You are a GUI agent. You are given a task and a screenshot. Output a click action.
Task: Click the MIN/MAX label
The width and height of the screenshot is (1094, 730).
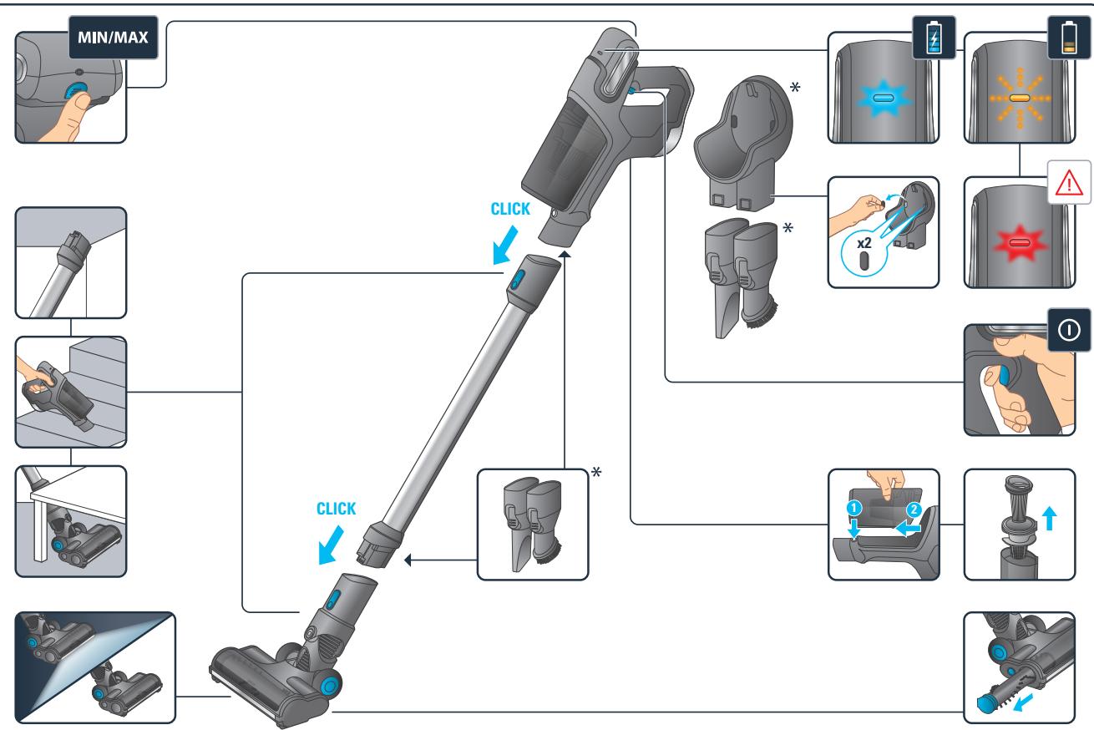[x=113, y=38]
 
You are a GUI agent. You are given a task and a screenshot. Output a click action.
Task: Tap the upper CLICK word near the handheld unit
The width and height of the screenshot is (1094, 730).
[x=510, y=209]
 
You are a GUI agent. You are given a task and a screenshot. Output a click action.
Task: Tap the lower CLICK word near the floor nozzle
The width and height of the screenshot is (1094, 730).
[x=336, y=509]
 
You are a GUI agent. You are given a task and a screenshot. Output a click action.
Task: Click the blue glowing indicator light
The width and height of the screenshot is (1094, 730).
[x=883, y=99]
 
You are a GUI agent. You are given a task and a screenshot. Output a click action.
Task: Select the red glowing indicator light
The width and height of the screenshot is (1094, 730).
[x=1020, y=243]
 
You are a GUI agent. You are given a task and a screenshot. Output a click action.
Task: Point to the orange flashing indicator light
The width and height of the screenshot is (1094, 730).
[x=1020, y=99]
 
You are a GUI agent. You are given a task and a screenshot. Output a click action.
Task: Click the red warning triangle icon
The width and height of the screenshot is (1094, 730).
[x=1069, y=183]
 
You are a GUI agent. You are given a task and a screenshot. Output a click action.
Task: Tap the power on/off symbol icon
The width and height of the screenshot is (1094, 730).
[x=1069, y=330]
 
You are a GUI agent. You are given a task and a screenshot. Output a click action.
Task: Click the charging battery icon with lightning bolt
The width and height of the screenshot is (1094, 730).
[x=934, y=37]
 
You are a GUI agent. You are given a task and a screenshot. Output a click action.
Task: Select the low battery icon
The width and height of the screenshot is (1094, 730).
[x=1069, y=37]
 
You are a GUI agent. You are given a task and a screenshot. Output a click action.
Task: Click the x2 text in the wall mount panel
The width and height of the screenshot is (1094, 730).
[x=864, y=243]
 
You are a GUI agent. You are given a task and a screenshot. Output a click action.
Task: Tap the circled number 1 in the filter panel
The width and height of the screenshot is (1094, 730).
[x=853, y=508]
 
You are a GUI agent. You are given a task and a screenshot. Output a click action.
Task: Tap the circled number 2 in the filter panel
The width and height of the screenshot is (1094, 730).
[x=914, y=509]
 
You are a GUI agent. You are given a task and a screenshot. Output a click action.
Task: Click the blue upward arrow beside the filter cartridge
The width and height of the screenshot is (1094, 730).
[x=1050, y=519]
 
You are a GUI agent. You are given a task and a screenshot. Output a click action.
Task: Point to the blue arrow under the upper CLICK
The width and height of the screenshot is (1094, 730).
[x=504, y=246]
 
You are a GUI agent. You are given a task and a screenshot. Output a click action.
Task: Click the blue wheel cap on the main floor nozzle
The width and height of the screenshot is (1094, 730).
[x=329, y=686]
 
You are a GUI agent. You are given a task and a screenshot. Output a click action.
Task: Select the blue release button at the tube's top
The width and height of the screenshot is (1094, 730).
[x=518, y=281]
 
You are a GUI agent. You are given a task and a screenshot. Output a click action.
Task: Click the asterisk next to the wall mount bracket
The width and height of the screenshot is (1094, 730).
[x=795, y=88]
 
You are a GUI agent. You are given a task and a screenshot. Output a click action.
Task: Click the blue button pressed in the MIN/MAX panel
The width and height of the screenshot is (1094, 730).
[x=75, y=90]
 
